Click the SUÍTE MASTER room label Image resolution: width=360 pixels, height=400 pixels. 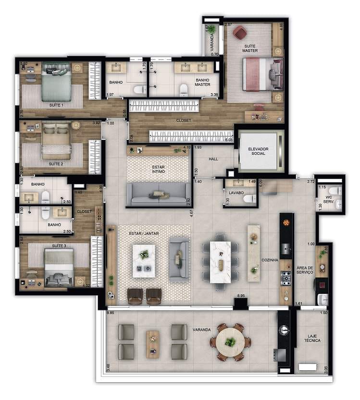[x=250, y=47]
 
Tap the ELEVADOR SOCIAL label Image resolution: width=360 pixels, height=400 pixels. [x=259, y=151]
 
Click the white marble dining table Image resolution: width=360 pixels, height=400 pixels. [x=221, y=261]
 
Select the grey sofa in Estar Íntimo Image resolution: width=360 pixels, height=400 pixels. [x=159, y=194]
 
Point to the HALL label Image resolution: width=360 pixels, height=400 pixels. [x=214, y=159]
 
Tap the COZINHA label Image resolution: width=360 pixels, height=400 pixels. [x=270, y=260]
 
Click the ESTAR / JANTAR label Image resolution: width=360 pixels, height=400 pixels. [x=144, y=233]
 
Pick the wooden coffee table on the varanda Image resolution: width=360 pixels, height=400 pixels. [x=153, y=341]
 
